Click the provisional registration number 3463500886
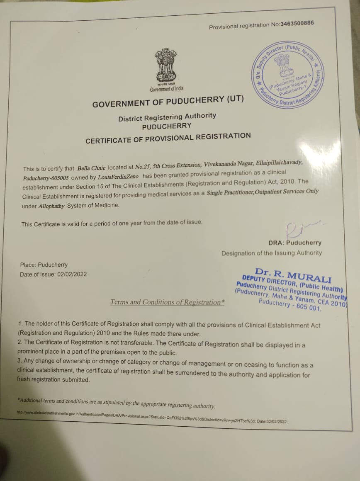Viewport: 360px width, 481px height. click(297, 24)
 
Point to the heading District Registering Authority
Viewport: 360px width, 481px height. click(167, 117)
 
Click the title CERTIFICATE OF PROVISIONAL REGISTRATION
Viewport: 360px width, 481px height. click(168, 138)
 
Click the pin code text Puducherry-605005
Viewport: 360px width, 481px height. click(46, 177)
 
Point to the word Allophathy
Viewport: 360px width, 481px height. click(51, 206)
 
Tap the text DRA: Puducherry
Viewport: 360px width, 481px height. click(295, 243)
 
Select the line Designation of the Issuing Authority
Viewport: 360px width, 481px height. click(271, 253)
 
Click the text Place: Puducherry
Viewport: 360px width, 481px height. click(44, 265)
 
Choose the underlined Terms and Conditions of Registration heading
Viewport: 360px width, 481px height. click(167, 302)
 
